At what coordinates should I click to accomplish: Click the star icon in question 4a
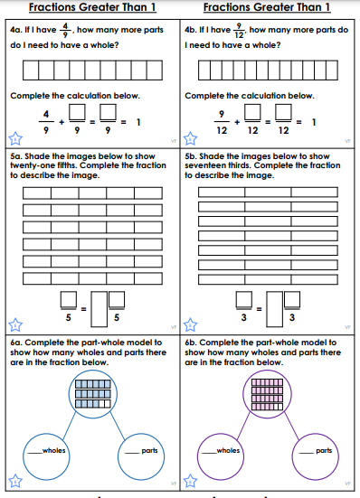coord(15,139)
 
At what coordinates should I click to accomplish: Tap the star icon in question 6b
coord(191,481)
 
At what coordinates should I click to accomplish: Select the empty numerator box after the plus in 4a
coord(77,112)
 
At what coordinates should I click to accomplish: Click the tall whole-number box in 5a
coord(99,309)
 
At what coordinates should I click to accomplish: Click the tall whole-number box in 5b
coord(275,309)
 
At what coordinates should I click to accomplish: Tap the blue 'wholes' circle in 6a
coord(46,456)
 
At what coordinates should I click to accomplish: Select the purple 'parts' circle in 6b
coord(315,456)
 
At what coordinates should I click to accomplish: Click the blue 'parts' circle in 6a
coord(141,456)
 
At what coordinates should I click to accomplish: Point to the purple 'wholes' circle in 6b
coord(221,456)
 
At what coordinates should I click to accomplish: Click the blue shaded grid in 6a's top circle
coord(93,394)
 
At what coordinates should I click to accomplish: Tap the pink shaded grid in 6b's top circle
coord(267,394)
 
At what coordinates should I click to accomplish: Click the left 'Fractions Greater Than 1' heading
coord(92,7)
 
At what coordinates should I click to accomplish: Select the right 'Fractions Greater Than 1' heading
coord(267,7)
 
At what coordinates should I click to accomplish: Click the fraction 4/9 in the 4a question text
coord(65,30)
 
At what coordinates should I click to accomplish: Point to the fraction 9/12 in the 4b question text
coord(239,30)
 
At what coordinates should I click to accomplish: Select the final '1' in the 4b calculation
coord(314,122)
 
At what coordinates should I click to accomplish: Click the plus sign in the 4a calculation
coord(62,122)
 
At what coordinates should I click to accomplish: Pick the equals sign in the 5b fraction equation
coord(259,309)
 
